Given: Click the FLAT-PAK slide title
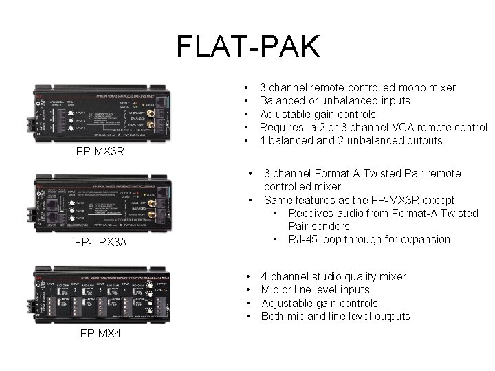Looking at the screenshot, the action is [247, 47].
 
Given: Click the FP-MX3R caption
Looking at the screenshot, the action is [100, 151].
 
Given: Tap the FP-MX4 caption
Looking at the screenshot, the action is [100, 334].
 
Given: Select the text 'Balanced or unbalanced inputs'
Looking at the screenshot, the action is [334, 101].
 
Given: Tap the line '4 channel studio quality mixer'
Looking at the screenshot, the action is [333, 277].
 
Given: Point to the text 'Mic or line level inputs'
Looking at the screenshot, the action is [315, 290].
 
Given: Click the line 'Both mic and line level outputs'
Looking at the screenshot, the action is [335, 317].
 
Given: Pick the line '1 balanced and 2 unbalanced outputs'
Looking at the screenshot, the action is [351, 141].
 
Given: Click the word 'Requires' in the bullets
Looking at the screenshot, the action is [282, 127].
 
